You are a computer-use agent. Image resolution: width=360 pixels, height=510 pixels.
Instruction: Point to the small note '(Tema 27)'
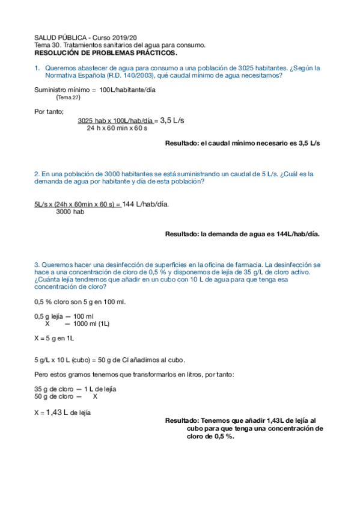point(68,97)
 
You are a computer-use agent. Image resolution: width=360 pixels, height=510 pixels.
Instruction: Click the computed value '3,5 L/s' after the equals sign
point(172,120)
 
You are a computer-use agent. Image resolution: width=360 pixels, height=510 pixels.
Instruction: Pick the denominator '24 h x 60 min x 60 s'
point(117,128)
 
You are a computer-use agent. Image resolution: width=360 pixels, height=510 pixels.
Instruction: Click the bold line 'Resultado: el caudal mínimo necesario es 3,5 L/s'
point(243,144)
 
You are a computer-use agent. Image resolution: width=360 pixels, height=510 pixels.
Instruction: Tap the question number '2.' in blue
point(37,174)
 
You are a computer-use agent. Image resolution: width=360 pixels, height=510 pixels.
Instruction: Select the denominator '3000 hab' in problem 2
point(70,212)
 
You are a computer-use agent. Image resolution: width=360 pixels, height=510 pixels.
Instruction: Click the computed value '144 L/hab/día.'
point(145,203)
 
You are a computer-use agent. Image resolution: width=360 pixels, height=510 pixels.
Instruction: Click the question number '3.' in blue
point(37,264)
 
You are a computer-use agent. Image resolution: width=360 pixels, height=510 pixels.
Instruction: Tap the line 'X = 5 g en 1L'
point(54,339)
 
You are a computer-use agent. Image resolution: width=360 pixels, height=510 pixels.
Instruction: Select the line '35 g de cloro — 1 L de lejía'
point(75,389)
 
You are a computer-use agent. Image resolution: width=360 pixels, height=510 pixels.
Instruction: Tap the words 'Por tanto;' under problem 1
point(49,111)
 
